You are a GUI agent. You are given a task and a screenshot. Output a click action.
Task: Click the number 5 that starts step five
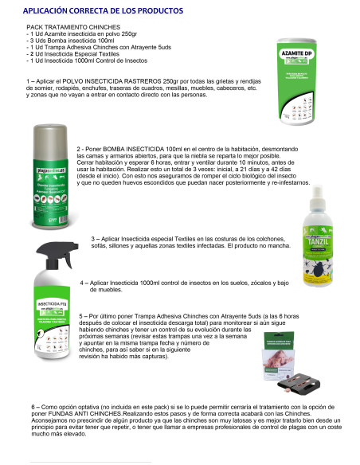(x=82, y=315)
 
